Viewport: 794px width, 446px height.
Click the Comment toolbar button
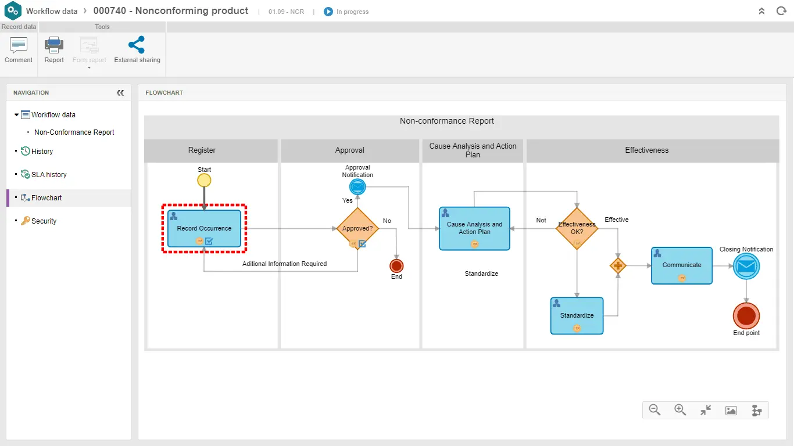(x=19, y=49)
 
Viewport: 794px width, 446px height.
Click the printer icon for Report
(x=54, y=45)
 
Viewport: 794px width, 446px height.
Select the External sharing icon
(x=137, y=45)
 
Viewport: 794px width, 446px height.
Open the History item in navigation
(x=42, y=152)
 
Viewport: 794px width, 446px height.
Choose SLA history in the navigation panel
(x=49, y=175)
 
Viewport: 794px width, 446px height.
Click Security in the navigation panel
(x=44, y=221)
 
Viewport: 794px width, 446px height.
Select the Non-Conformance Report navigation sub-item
(x=74, y=132)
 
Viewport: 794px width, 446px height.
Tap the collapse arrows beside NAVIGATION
(x=120, y=93)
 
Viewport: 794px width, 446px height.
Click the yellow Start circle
(x=204, y=180)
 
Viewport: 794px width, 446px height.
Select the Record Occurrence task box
(x=204, y=228)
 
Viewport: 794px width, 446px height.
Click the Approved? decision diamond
(x=357, y=228)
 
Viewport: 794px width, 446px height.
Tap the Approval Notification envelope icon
(x=357, y=187)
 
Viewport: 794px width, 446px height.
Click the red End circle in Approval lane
(x=396, y=266)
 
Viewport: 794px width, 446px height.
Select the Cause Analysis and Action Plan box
(x=474, y=228)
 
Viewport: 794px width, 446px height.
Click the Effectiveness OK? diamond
(x=577, y=228)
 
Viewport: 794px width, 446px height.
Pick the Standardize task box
(x=577, y=315)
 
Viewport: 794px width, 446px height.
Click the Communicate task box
(x=681, y=265)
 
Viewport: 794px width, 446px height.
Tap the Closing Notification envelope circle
(x=746, y=267)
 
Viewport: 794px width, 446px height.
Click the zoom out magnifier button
(x=654, y=410)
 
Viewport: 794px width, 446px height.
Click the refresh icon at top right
(x=781, y=11)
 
